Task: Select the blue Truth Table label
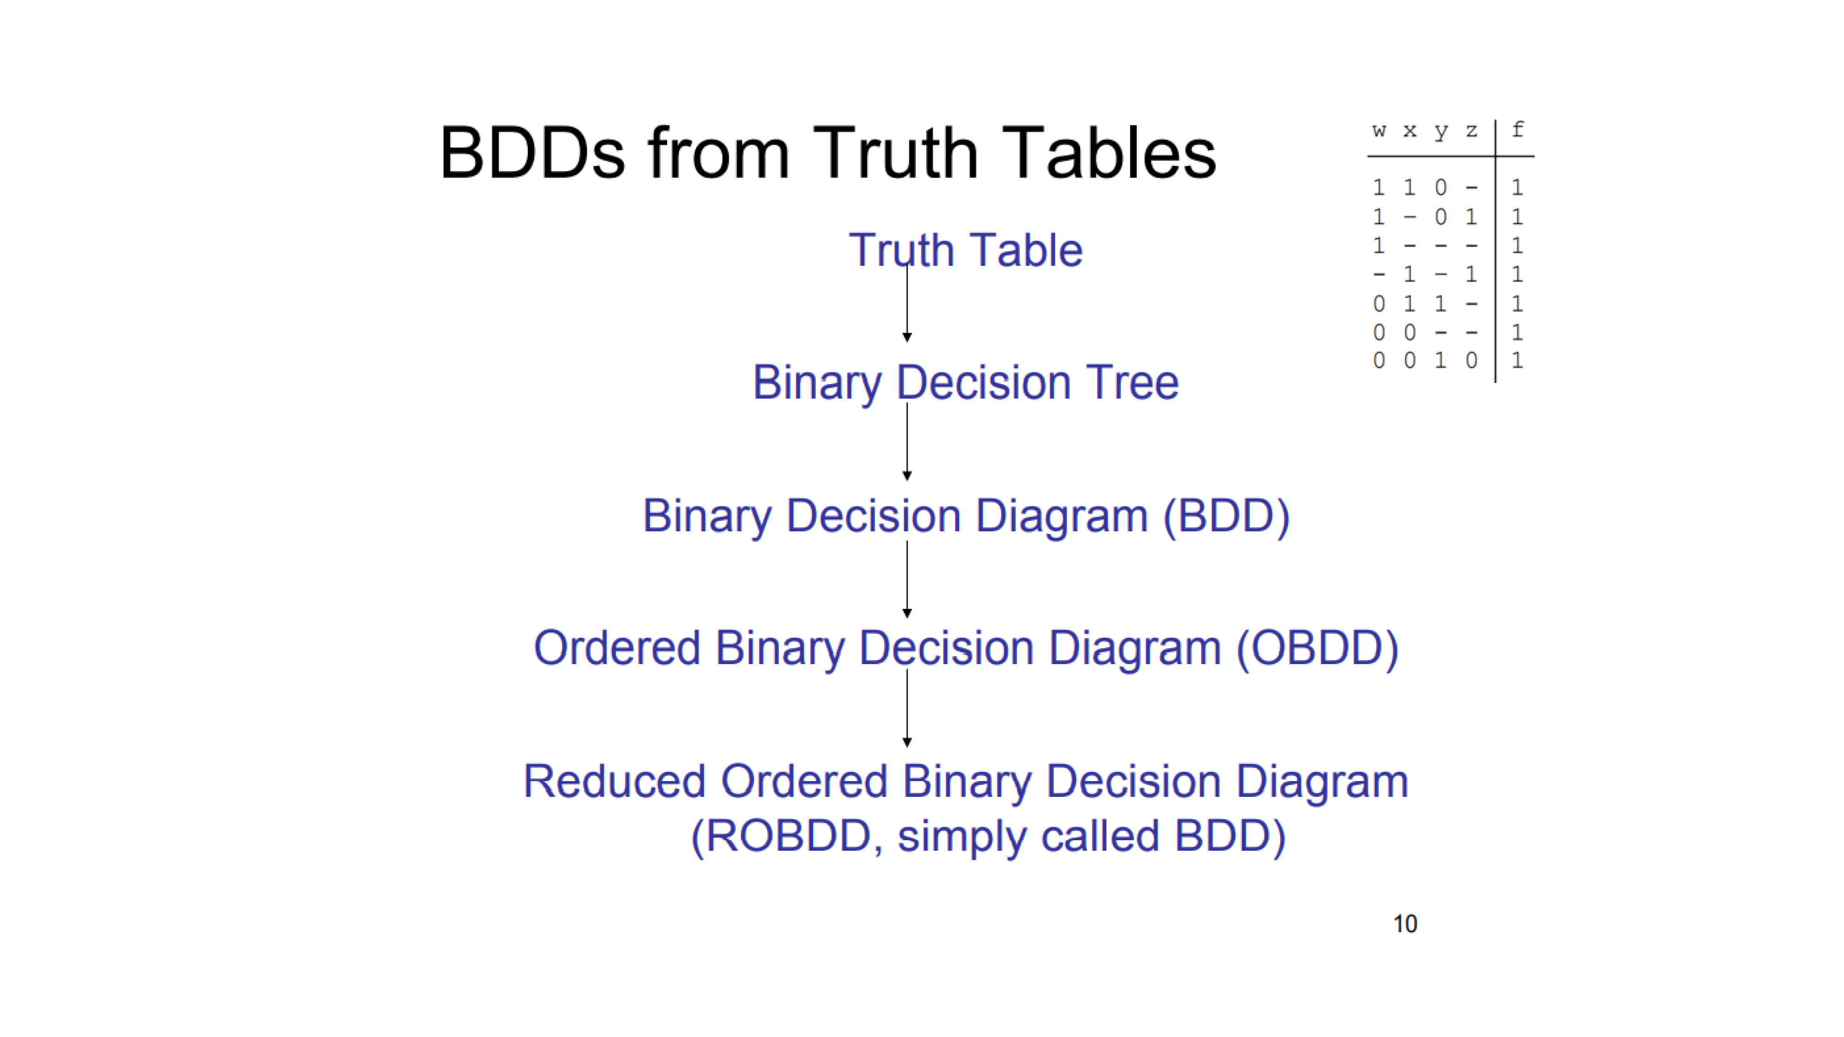click(x=966, y=250)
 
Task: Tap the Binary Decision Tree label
click(x=966, y=383)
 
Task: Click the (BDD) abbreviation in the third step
click(x=1226, y=516)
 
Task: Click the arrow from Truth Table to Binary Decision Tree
click(x=907, y=301)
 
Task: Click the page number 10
click(x=1405, y=924)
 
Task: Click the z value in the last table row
click(x=1471, y=361)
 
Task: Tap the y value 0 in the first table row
click(x=1440, y=188)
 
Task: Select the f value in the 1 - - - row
click(x=1517, y=246)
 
